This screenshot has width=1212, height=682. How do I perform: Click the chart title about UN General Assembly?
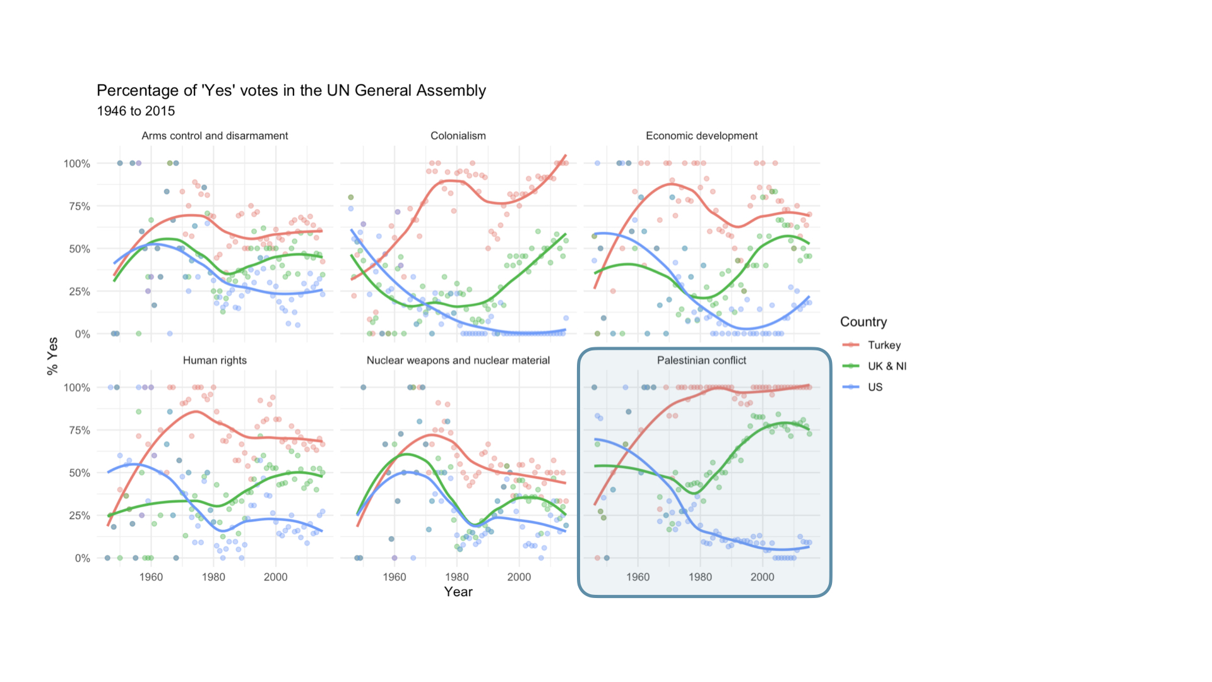click(x=291, y=90)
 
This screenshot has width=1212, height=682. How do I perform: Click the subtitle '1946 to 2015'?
click(x=136, y=111)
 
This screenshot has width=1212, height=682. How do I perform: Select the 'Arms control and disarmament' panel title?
click(x=215, y=136)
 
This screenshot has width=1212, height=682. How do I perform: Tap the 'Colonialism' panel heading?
click(x=458, y=136)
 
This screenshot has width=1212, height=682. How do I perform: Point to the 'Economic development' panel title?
click(x=701, y=136)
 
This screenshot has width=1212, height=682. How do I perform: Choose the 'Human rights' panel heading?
click(x=215, y=360)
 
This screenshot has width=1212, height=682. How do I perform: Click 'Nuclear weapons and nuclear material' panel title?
click(x=458, y=360)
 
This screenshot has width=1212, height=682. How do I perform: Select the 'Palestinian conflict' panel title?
click(x=701, y=360)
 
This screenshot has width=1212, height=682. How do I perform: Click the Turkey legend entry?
click(x=884, y=345)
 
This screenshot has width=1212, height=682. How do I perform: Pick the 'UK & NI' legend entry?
click(x=886, y=366)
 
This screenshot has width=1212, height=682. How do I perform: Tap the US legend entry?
click(x=875, y=387)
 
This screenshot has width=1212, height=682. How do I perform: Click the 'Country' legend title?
click(x=863, y=322)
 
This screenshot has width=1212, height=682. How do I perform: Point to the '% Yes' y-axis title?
click(x=52, y=356)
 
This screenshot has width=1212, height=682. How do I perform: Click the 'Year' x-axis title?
click(x=458, y=592)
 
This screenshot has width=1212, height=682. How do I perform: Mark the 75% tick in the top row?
click(x=77, y=206)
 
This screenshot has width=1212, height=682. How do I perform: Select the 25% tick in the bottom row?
click(x=77, y=515)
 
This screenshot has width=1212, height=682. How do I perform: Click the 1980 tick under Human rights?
click(x=213, y=577)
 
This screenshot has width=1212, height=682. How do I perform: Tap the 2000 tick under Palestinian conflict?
click(x=762, y=577)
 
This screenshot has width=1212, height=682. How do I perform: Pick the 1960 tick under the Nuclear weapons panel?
click(x=395, y=577)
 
